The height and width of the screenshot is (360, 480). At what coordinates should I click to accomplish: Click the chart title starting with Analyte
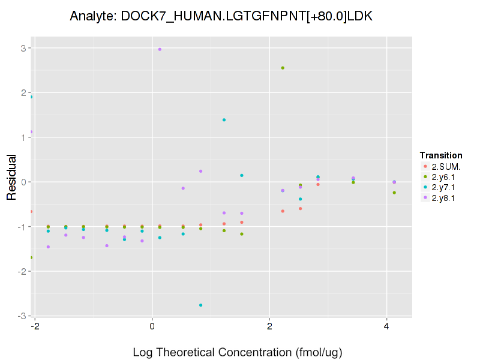(221, 16)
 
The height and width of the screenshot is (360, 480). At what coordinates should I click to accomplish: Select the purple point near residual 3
(160, 49)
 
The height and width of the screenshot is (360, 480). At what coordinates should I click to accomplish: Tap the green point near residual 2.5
(283, 68)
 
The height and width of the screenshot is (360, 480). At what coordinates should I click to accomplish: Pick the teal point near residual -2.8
(200, 305)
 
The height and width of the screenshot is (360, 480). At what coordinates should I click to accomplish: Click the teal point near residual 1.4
(224, 120)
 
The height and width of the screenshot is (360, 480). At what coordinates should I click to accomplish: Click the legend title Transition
(441, 155)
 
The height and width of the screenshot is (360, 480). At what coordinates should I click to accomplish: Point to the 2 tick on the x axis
(270, 326)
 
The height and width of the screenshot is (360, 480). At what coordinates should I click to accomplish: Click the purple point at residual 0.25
(200, 171)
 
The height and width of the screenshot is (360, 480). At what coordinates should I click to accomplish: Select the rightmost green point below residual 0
(394, 193)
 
